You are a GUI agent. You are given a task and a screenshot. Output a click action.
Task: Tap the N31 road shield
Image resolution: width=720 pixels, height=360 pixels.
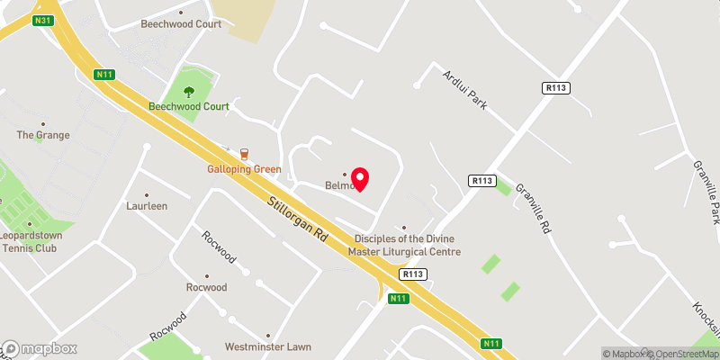42,20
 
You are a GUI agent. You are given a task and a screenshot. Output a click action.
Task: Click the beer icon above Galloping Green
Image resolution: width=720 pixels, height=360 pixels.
244,154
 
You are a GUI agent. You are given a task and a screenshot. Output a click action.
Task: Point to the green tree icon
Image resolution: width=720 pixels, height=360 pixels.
189,91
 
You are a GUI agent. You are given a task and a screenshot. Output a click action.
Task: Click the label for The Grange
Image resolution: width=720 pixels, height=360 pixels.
43,135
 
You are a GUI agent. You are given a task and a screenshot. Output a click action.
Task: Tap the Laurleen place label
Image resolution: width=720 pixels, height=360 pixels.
147,205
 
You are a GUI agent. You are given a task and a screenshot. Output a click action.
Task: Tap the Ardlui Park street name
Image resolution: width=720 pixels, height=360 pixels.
464,90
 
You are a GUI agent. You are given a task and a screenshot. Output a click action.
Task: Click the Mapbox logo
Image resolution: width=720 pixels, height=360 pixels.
40,348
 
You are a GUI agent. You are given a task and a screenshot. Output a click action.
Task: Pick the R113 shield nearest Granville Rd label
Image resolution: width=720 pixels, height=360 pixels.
483,181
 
